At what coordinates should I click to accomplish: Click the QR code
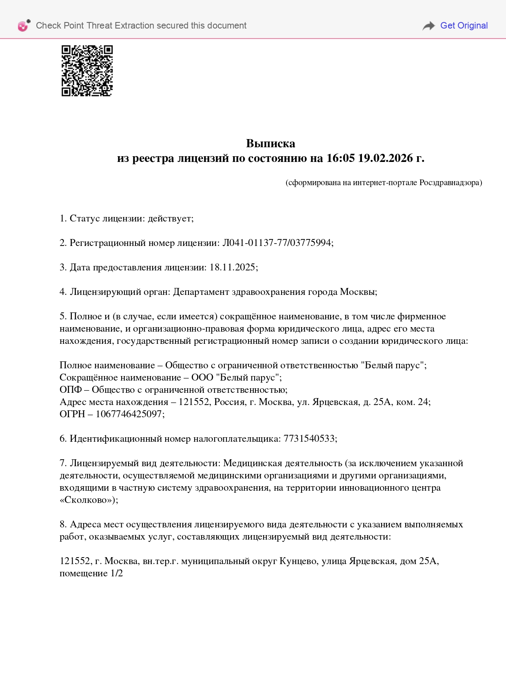(x=87, y=71)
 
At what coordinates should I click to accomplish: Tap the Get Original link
(x=464, y=26)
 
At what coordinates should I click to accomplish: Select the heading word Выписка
(x=271, y=144)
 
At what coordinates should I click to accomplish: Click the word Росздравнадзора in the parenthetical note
(x=450, y=183)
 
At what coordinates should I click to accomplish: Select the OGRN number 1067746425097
(x=129, y=414)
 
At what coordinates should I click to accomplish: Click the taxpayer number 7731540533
(x=309, y=439)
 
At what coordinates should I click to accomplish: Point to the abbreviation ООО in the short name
(x=202, y=378)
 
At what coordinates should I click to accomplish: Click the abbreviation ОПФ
(x=71, y=390)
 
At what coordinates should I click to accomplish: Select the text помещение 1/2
(x=91, y=573)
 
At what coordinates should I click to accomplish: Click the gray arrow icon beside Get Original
(x=428, y=26)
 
